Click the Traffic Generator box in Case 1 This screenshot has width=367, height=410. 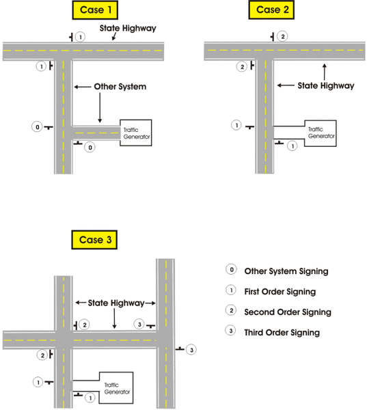pyautogui.click(x=135, y=133)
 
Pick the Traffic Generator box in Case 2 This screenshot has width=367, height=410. pyautogui.click(x=319, y=132)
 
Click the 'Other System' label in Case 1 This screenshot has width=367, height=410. pyautogui.click(x=120, y=87)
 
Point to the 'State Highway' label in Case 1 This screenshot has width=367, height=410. pyautogui.click(x=128, y=28)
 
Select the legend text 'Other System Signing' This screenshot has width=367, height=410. pyautogui.click(x=286, y=271)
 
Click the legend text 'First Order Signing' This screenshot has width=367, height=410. pyautogui.click(x=280, y=292)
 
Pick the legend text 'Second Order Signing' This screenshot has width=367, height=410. pyautogui.click(x=288, y=312)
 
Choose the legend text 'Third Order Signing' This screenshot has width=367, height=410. pyautogui.click(x=282, y=333)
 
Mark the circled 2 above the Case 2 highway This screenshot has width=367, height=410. pyautogui.click(x=283, y=36)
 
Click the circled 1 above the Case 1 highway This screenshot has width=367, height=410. pyautogui.click(x=81, y=36)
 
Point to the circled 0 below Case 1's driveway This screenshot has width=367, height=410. pyautogui.click(x=90, y=147)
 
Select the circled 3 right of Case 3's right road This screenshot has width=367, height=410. pyautogui.click(x=191, y=350)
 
